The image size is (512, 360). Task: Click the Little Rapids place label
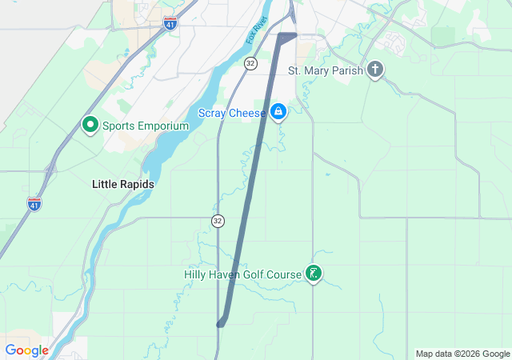122,184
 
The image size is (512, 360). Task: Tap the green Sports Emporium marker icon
90,126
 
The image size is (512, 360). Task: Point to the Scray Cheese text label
232,114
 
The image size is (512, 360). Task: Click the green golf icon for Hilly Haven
314,274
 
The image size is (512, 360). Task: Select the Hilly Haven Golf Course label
243,274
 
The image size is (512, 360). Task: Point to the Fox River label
256,32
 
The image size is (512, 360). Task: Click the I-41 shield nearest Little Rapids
34,204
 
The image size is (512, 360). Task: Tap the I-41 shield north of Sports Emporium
170,23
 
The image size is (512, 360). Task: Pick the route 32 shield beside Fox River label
251,62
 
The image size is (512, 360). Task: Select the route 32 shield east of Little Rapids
218,220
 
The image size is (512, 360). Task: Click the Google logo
27,350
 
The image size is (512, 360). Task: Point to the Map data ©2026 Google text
462,354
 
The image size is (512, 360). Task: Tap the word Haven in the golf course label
226,274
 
